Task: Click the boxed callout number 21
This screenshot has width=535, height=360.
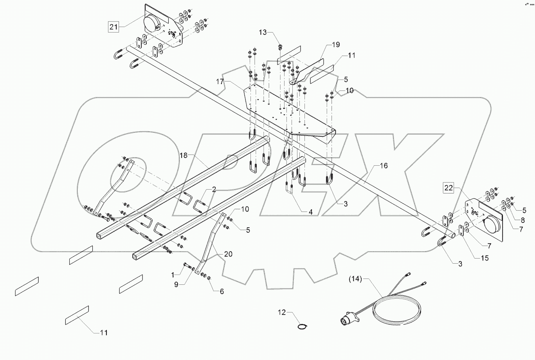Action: point(113,27)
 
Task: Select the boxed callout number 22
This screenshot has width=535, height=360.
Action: point(449,188)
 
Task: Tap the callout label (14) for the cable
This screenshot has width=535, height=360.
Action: point(356,279)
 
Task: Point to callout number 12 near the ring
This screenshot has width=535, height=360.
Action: point(282,312)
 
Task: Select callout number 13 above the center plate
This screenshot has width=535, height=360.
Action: point(273,32)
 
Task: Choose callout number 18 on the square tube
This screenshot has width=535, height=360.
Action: point(184,155)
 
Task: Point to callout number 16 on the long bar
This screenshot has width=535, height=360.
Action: point(384,166)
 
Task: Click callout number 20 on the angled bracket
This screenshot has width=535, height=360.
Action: point(228,254)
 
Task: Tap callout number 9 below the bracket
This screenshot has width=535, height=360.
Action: point(176,284)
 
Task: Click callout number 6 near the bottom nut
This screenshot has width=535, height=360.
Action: point(222,291)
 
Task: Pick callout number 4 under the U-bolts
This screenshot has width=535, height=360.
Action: point(310,212)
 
